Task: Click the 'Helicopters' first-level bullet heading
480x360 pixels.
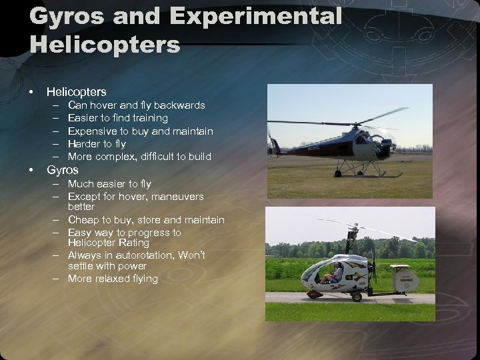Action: tap(76, 92)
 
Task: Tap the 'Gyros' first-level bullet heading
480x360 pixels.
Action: tap(62, 170)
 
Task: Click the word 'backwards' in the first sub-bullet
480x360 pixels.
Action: tap(180, 105)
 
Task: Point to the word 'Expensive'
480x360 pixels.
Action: tap(92, 131)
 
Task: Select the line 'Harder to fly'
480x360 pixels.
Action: tap(97, 144)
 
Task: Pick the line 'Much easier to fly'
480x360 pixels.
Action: tap(109, 184)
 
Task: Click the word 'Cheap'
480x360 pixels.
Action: tap(83, 220)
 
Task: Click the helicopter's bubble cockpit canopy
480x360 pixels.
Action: tap(364, 140)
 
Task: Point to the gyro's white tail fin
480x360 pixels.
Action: tap(404, 280)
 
